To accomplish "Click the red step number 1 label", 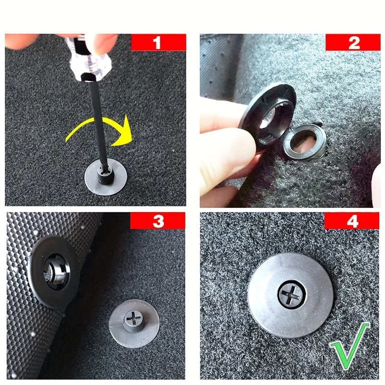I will tap(157, 42).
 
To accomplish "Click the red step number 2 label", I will tap(354, 42).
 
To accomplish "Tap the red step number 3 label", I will tap(158, 221).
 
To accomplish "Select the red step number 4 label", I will tap(354, 221).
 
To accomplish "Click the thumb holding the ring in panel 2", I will tap(226, 144).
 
